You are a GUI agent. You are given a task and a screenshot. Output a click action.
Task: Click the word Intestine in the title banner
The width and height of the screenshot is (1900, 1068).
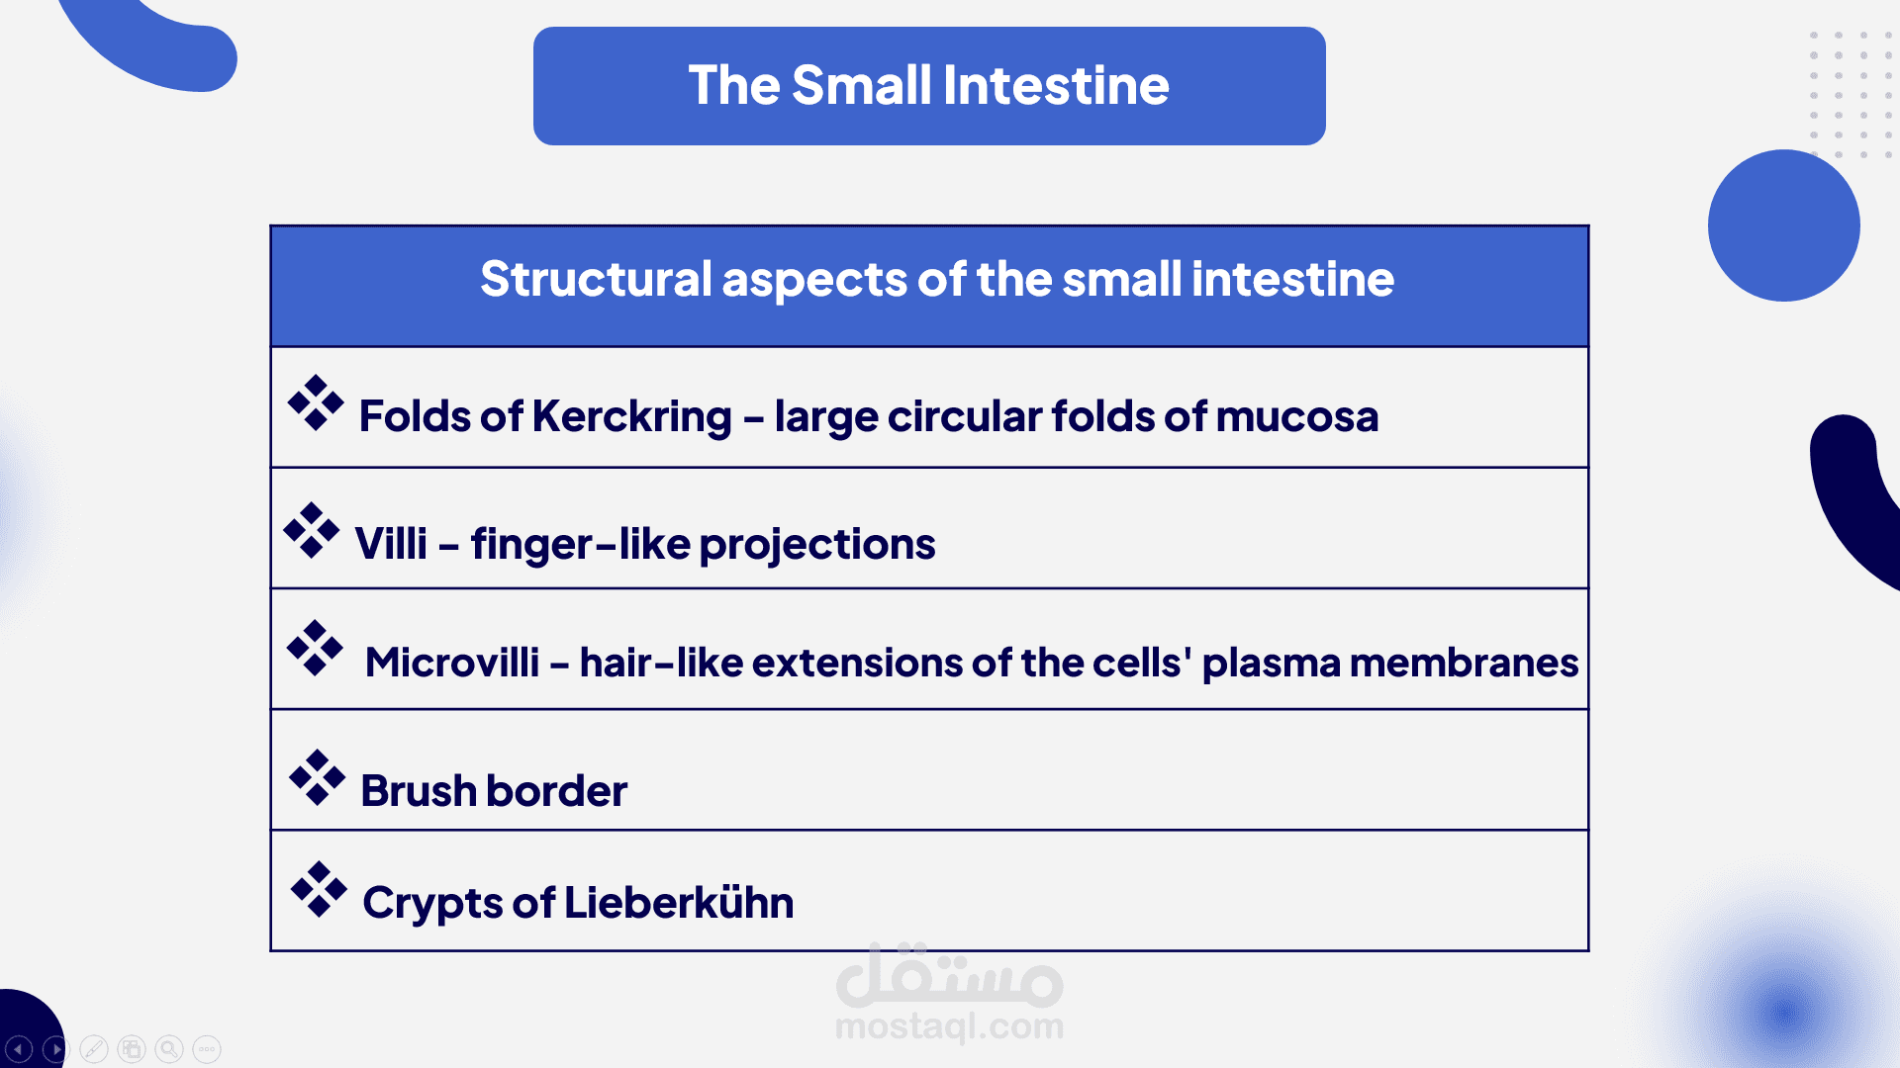(1056, 85)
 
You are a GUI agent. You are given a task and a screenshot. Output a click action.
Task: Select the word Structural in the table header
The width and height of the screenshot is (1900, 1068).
(596, 279)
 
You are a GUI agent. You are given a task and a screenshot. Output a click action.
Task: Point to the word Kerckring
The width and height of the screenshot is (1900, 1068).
(632, 417)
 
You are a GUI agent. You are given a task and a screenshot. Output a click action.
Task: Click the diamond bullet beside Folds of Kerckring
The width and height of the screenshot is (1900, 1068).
(316, 403)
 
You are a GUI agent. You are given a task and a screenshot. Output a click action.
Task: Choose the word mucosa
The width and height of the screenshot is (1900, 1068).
(1296, 417)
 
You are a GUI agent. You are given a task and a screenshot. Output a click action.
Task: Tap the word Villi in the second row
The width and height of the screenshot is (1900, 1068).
(391, 543)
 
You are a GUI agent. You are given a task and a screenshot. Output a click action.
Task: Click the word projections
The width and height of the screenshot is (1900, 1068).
(817, 545)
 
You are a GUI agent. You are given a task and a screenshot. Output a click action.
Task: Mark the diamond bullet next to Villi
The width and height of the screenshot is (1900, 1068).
(312, 530)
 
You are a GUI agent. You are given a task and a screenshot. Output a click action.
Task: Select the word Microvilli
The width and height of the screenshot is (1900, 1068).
(452, 663)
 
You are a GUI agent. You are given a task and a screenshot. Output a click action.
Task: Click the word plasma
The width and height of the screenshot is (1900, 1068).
(1271, 664)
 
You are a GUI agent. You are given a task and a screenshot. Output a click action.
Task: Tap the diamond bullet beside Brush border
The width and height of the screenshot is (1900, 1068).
(318, 777)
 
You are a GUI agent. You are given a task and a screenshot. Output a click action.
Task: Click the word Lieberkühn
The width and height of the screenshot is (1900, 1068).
(679, 902)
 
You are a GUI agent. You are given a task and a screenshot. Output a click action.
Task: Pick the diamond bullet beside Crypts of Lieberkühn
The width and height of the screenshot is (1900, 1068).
(319, 889)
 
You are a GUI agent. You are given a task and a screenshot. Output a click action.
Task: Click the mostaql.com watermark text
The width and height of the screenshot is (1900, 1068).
(950, 1027)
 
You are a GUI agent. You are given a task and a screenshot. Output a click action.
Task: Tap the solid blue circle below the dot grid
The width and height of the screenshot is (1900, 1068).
(1784, 225)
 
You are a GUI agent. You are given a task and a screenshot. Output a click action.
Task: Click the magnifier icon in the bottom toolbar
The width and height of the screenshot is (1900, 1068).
(169, 1048)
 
